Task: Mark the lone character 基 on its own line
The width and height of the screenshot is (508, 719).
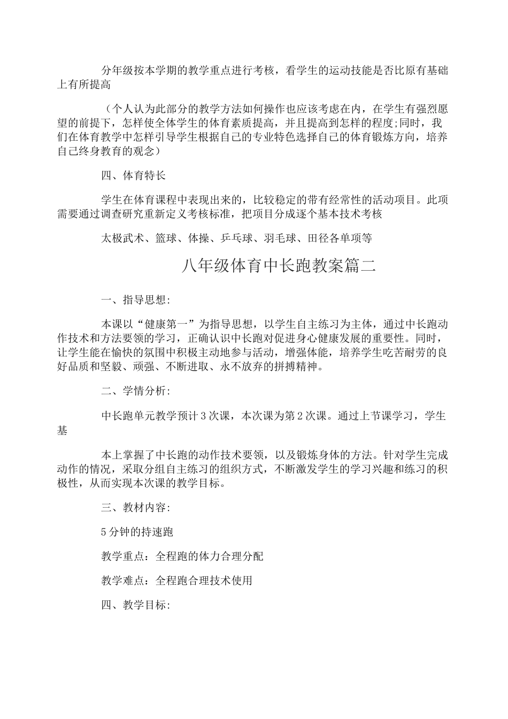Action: (x=62, y=431)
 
